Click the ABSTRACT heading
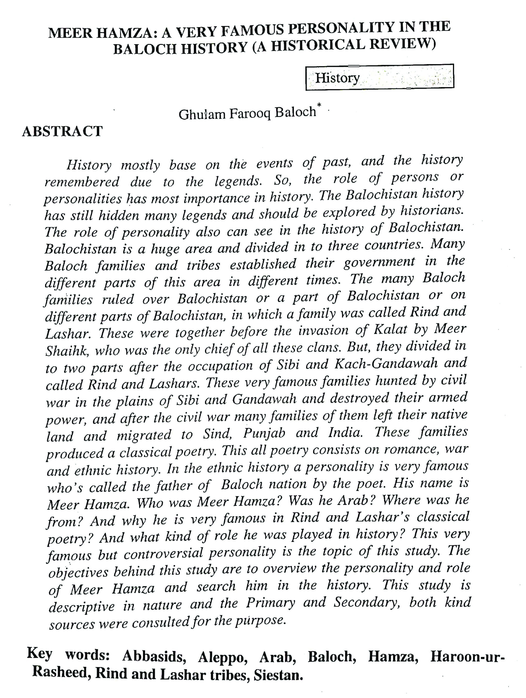[x=62, y=131]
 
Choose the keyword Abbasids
[x=154, y=656]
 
